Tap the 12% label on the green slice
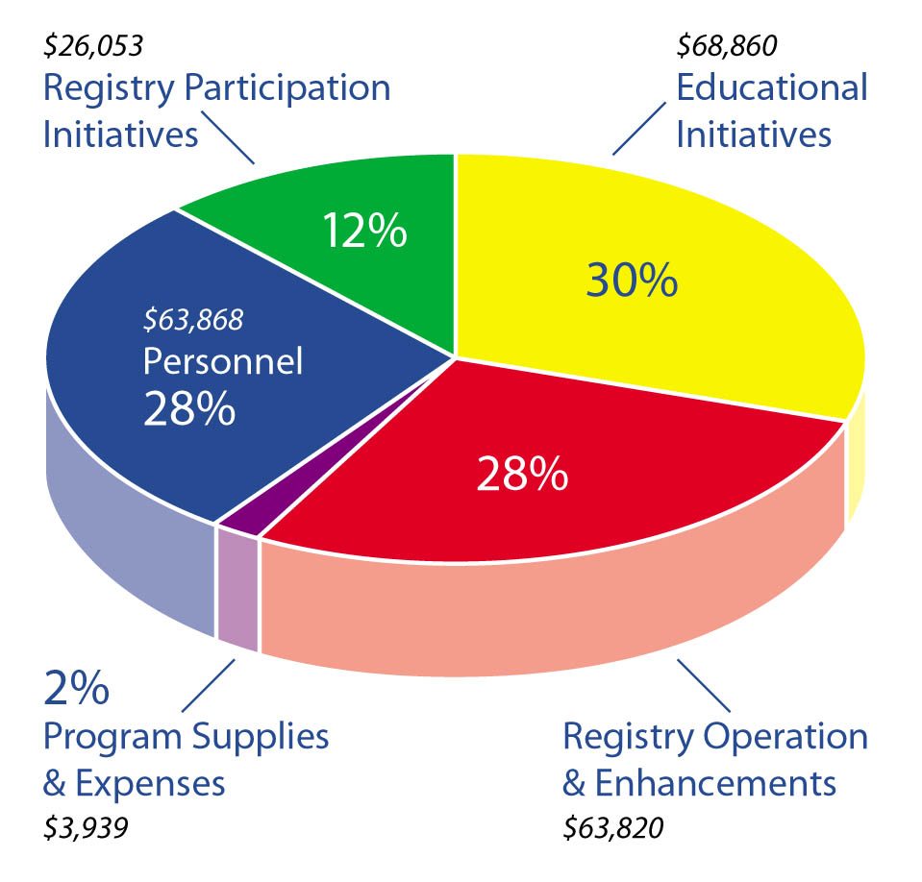[x=364, y=232]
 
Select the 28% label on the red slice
[x=522, y=473]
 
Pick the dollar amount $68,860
[x=727, y=45]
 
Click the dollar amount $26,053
[x=93, y=45]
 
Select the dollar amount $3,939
[x=87, y=828]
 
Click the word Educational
[x=771, y=87]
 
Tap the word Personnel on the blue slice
[x=222, y=362]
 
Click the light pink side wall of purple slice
[x=237, y=590]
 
